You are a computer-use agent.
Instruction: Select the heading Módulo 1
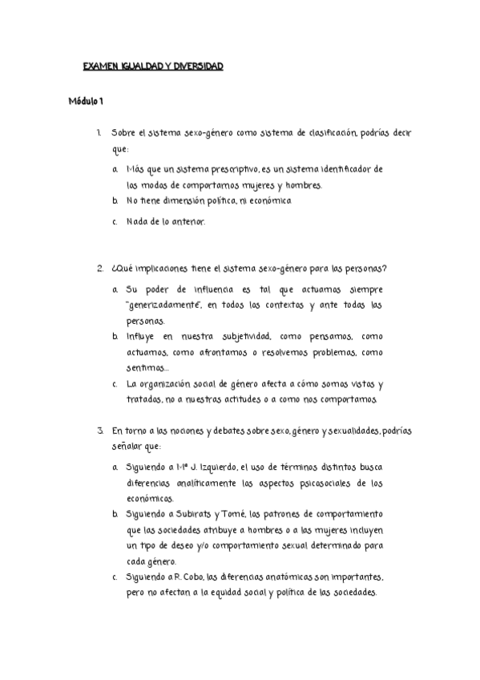[86, 101]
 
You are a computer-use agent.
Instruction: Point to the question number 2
[99, 268]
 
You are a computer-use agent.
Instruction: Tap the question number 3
[99, 431]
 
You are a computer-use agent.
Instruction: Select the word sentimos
[146, 368]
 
